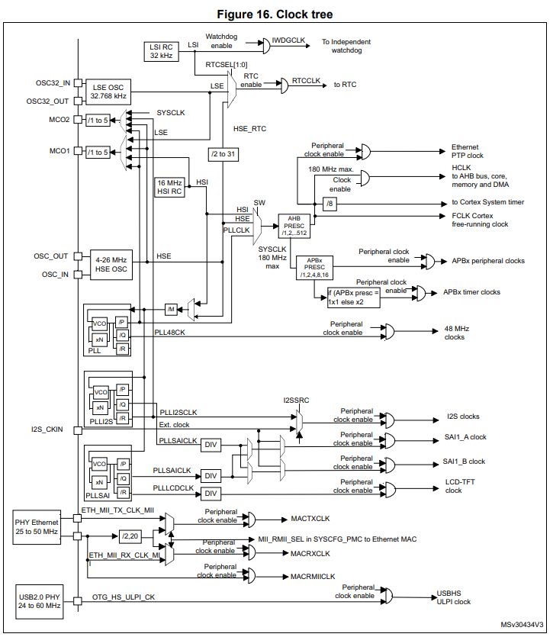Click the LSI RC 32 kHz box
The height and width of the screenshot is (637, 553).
click(161, 52)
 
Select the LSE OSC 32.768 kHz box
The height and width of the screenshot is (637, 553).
click(108, 92)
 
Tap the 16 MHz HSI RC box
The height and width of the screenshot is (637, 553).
click(169, 187)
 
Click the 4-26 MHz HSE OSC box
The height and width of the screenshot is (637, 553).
click(111, 265)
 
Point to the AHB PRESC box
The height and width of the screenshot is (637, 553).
click(294, 226)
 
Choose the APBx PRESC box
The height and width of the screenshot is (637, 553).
click(314, 267)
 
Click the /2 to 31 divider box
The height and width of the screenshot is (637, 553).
click(223, 154)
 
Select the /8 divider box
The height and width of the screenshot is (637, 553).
click(330, 204)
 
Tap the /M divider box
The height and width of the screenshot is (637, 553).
click(171, 310)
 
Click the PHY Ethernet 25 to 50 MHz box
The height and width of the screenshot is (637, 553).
click(37, 527)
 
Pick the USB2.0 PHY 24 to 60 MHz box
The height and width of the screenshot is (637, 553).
click(40, 602)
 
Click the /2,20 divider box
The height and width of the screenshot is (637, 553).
click(130, 536)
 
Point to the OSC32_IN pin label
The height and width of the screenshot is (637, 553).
click(53, 83)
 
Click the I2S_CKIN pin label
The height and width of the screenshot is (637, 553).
click(47, 429)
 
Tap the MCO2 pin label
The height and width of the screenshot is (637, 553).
click(59, 120)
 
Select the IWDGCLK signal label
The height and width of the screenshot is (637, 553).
click(288, 40)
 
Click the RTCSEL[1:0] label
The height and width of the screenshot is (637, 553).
click(227, 65)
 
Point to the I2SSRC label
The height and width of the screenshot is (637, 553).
click(296, 401)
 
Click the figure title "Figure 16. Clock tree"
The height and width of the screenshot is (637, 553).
click(275, 14)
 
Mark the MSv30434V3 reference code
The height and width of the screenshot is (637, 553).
click(522, 624)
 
